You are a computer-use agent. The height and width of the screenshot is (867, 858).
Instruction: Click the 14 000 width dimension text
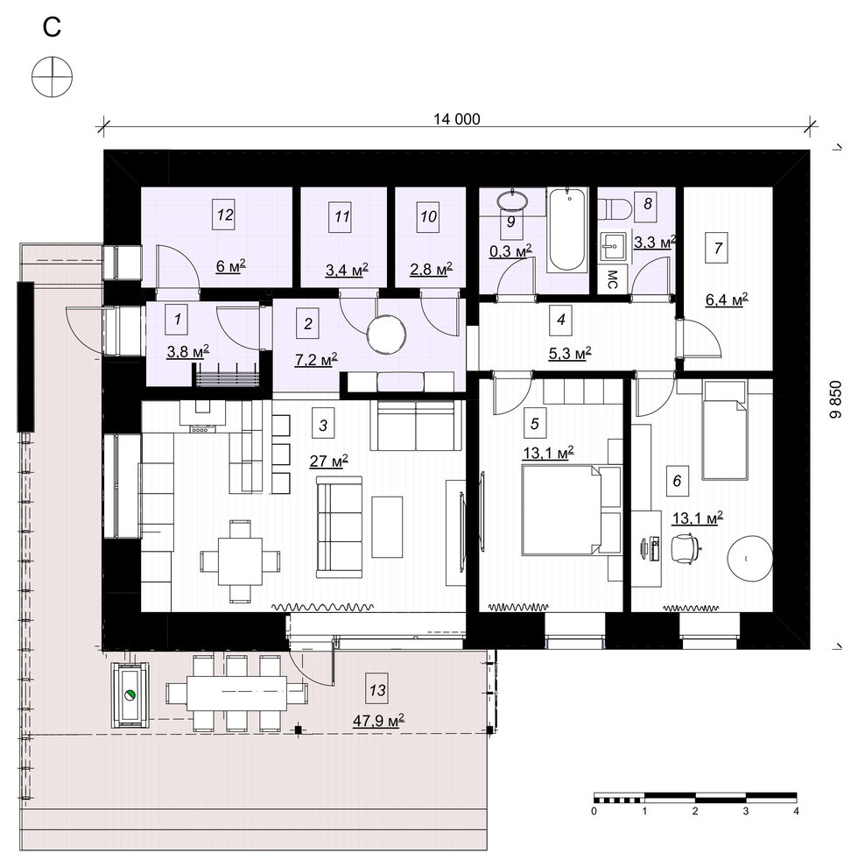[456, 119]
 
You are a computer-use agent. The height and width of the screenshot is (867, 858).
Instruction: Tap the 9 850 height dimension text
[835, 399]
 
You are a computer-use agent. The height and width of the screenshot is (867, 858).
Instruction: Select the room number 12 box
[224, 215]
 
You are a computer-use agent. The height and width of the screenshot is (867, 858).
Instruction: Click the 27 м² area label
[328, 461]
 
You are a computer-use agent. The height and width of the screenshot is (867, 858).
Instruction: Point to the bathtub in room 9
[567, 230]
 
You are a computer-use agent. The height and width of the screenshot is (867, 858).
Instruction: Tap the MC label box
[612, 279]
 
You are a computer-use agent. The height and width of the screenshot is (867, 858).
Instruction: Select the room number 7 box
[718, 248]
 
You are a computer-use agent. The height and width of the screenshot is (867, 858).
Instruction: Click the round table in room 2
[386, 335]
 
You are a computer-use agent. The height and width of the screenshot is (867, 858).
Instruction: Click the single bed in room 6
[724, 433]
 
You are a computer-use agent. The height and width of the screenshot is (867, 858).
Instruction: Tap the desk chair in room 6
[685, 548]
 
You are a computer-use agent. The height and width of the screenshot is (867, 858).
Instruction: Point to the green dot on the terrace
[130, 695]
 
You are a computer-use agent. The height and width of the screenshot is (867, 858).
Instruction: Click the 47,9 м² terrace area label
[379, 720]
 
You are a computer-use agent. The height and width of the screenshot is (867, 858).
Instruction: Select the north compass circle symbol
[52, 76]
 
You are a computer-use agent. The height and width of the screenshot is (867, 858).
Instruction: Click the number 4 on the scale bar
[796, 811]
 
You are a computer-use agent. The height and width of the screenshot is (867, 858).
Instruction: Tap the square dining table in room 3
[240, 560]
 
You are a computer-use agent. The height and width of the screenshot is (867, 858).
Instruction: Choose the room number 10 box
[428, 216]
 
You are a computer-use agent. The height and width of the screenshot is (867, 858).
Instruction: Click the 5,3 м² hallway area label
[570, 353]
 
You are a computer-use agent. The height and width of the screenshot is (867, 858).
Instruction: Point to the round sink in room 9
[514, 200]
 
